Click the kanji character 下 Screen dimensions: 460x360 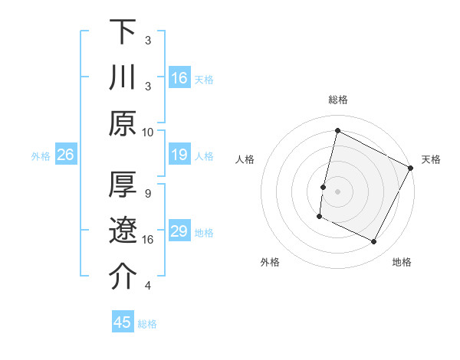click(x=123, y=33)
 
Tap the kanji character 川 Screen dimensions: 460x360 click(x=123, y=78)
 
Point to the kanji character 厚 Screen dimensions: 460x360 click(x=123, y=186)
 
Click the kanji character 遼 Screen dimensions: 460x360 click(x=123, y=231)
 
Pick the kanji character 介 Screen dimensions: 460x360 click(x=123, y=277)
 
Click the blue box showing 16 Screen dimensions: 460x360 click(x=179, y=77)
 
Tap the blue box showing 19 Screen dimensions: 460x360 click(x=179, y=155)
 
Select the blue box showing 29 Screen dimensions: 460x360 click(x=179, y=231)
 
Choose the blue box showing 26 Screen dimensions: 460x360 click(x=65, y=155)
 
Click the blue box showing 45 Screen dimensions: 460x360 click(x=123, y=322)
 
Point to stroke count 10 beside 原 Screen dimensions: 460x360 click(x=148, y=132)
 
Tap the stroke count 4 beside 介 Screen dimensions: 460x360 click(x=148, y=286)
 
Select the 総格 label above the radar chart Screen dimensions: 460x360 click(x=337, y=100)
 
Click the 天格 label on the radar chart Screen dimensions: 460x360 click(x=431, y=159)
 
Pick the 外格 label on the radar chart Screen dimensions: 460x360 click(x=270, y=262)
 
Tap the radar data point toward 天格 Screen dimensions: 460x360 click(x=411, y=168)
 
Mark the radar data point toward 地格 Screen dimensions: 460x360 click(x=374, y=242)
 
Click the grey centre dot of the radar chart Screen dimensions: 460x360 click(x=337, y=191)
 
